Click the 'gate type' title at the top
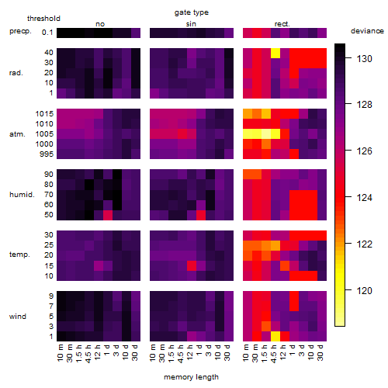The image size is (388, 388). click(192, 12)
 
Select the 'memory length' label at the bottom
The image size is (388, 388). click(191, 377)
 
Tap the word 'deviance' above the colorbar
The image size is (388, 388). click(367, 31)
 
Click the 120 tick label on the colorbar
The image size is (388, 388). click(364, 290)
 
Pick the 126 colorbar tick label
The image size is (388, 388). click(364, 151)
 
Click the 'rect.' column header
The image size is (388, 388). click(282, 24)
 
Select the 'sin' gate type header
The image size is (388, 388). click(191, 24)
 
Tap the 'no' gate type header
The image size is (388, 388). click(100, 24)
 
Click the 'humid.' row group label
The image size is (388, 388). click(22, 195)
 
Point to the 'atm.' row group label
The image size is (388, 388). click(17, 134)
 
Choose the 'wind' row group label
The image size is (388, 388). click(18, 317)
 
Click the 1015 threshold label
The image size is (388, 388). click(44, 114)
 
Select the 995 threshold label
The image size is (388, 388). click(47, 154)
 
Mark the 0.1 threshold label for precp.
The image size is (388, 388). click(47, 33)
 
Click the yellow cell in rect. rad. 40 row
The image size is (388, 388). click(275, 53)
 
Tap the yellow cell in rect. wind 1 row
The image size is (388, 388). click(275, 336)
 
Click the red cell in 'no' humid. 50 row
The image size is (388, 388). click(108, 215)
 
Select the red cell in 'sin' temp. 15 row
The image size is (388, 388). click(192, 265)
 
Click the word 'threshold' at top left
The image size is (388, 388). click(43, 19)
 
